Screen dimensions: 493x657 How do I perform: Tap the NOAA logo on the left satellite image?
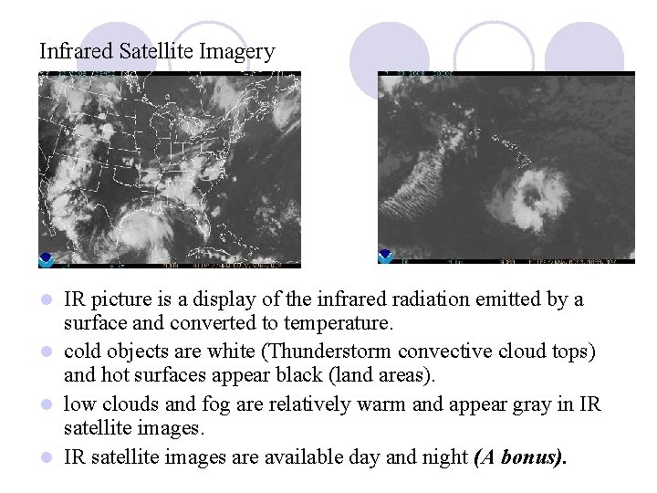[47, 258]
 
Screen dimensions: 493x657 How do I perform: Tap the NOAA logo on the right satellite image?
[385, 257]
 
